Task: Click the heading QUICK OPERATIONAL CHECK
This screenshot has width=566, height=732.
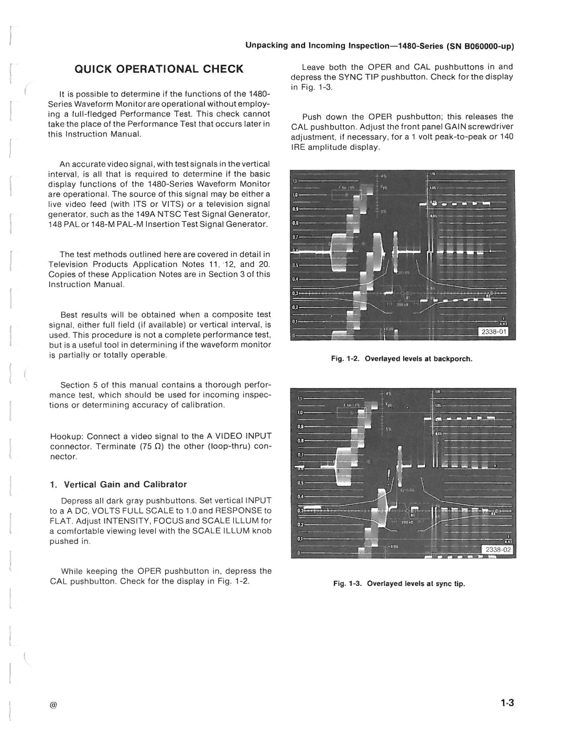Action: [x=158, y=69]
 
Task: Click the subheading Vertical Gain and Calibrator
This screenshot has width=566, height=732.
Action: [x=125, y=484]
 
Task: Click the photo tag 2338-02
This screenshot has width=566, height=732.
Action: [x=498, y=550]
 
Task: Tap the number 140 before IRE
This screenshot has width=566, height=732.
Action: [x=507, y=137]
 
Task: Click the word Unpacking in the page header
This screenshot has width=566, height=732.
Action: [x=267, y=46]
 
